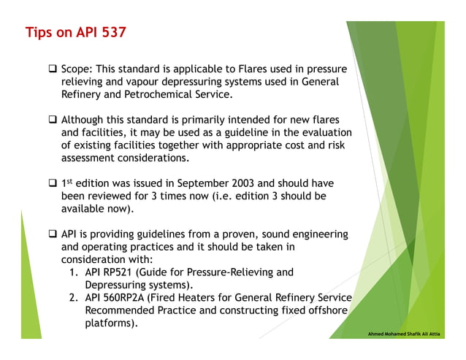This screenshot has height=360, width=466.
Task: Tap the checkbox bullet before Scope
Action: (53, 69)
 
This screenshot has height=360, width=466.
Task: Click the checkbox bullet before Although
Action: (53, 120)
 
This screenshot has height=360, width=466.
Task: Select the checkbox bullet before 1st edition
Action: (53, 183)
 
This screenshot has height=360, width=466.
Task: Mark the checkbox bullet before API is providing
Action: (53, 234)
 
